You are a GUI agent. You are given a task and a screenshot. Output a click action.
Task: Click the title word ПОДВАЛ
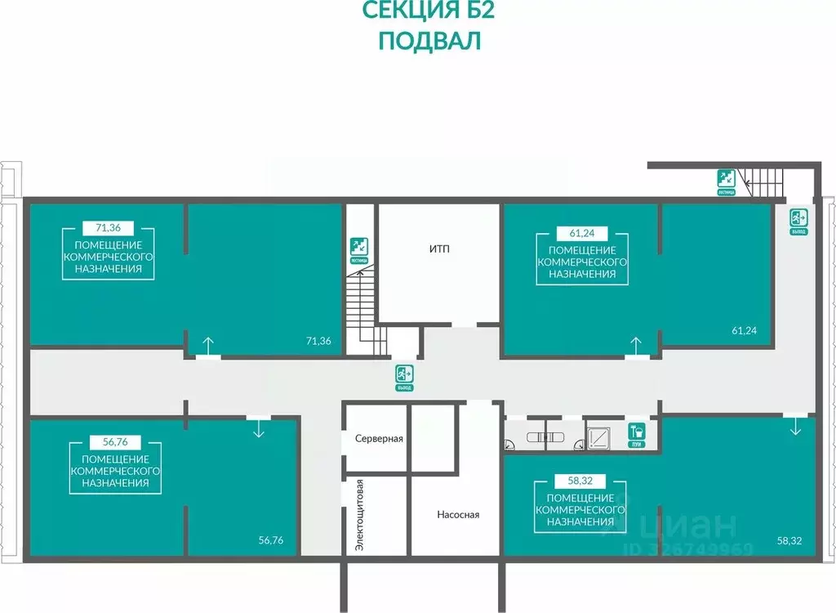point(429,42)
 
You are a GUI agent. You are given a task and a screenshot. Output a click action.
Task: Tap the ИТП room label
point(439,248)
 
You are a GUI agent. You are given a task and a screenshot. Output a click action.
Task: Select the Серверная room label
point(380,439)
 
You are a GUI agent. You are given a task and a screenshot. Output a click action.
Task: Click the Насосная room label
point(458,515)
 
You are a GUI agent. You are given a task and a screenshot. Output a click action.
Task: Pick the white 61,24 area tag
point(582,232)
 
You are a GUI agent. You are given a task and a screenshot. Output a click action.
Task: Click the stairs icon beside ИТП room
point(358,245)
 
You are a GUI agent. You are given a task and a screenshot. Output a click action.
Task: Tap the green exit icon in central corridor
point(404,375)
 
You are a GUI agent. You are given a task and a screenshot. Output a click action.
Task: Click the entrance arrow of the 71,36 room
point(208,347)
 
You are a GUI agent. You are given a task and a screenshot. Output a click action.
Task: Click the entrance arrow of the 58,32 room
point(795,427)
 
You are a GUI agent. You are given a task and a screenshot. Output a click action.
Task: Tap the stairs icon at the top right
point(726,179)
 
